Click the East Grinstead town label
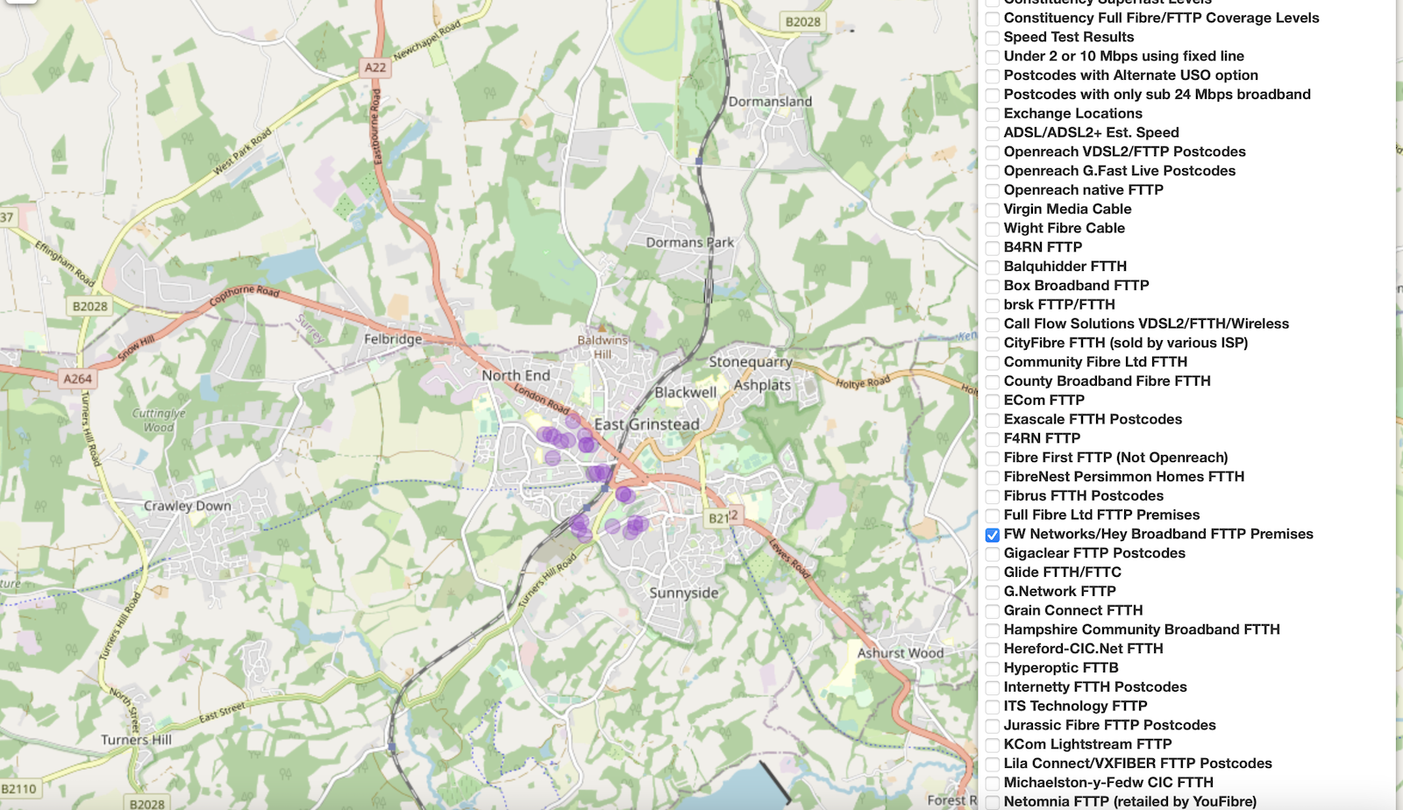tap(647, 424)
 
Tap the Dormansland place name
tap(770, 102)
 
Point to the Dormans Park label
tap(690, 243)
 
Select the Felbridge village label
tap(393, 339)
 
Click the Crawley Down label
tap(188, 506)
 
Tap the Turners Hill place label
tap(136, 740)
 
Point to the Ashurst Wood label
tap(901, 653)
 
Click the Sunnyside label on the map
tap(684, 593)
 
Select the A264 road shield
tap(77, 379)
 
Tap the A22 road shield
tap(375, 67)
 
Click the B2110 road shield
tap(19, 789)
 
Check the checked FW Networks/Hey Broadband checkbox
tap(993, 535)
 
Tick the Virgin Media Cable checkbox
tap(993, 210)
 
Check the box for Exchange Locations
tap(993, 114)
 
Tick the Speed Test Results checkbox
tap(993, 38)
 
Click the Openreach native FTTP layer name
tap(1083, 190)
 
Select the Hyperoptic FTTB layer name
tap(1061, 668)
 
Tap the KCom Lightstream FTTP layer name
tap(1087, 744)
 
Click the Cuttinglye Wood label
tap(159, 420)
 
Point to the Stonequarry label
tap(751, 361)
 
